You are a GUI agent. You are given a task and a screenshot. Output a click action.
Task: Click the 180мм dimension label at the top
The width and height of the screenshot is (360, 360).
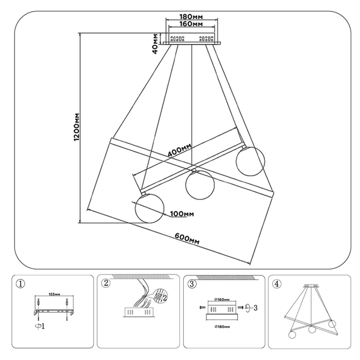[192, 17]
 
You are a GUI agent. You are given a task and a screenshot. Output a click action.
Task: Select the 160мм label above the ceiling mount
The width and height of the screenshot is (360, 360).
[192, 25]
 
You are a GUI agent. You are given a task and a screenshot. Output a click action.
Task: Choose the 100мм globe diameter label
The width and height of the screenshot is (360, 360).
[182, 214]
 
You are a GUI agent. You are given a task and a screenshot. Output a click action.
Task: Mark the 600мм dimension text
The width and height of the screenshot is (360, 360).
[187, 239]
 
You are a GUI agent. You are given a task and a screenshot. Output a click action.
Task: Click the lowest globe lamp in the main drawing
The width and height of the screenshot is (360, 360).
[149, 208]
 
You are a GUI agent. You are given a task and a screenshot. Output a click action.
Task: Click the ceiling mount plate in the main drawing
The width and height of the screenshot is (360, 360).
[191, 39]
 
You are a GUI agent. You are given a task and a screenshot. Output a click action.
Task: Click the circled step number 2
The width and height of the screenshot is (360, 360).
[106, 284]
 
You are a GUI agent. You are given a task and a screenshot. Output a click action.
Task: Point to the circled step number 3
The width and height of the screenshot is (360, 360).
[192, 284]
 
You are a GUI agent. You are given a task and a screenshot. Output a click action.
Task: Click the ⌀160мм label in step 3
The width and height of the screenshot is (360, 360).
[222, 299]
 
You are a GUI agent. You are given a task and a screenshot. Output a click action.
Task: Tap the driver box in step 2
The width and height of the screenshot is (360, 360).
[137, 312]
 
